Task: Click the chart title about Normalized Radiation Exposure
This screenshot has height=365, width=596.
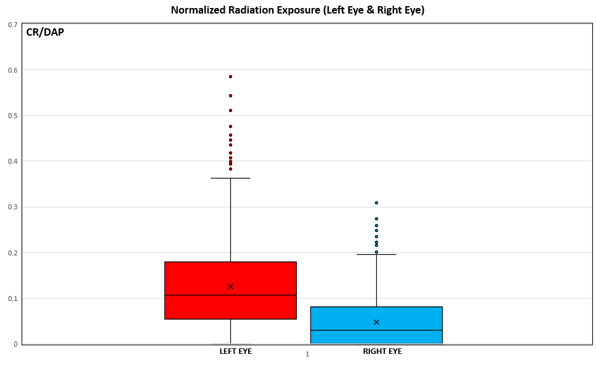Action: [x=297, y=10]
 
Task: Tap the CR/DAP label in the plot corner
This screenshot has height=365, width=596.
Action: [x=45, y=33]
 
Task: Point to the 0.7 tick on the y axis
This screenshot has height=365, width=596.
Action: [x=12, y=25]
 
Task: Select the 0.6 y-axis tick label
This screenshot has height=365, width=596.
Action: [x=12, y=70]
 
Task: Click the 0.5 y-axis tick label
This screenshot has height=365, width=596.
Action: [x=12, y=116]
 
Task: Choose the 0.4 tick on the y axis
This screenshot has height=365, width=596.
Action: [x=12, y=161]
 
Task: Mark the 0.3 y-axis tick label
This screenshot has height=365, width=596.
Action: [x=12, y=207]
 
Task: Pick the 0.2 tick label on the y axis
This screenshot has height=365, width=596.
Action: [x=12, y=253]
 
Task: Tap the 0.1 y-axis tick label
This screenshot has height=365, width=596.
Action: [x=12, y=299]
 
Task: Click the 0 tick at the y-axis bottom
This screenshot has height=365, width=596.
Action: [x=15, y=344]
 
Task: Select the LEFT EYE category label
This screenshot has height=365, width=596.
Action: [x=236, y=351]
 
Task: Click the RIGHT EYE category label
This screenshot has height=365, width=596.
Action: [x=382, y=351]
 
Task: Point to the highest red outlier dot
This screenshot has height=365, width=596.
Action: [x=230, y=77]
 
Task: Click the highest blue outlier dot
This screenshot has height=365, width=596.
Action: [x=376, y=203]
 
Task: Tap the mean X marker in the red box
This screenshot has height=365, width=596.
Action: [x=230, y=286]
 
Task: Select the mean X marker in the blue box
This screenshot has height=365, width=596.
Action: [x=376, y=322]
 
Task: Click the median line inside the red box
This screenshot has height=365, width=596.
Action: [x=230, y=295]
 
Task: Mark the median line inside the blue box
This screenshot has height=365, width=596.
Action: [x=376, y=330]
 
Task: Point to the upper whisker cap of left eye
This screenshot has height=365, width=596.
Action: [x=230, y=178]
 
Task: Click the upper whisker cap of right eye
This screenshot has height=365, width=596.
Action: [x=376, y=254]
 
